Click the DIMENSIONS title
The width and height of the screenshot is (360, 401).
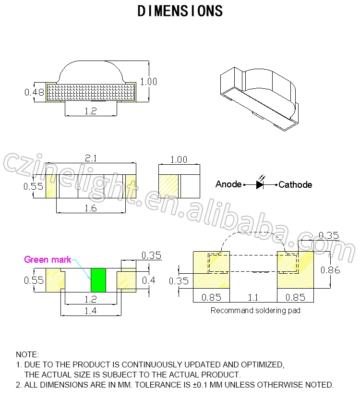[x=180, y=12]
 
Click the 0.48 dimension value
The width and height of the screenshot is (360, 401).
[x=34, y=92]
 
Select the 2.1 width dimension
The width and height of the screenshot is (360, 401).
[x=91, y=158]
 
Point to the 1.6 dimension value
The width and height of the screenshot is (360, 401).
[x=90, y=208]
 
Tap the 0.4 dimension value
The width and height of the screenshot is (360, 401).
[x=149, y=280]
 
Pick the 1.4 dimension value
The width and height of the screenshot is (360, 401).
[x=90, y=311]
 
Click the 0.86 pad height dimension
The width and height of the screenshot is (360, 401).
[x=330, y=270]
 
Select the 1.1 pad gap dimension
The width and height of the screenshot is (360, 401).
[x=252, y=297]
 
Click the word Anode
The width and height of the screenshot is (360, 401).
[x=228, y=184]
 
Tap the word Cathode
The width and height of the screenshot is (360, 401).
[x=295, y=184]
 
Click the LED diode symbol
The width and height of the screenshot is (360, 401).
[x=261, y=184]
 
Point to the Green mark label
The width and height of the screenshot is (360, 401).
[x=48, y=260]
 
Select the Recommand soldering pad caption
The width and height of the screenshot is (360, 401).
[x=255, y=311]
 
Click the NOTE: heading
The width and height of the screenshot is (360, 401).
[x=27, y=354]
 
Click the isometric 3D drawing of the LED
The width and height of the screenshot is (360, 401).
[x=259, y=96]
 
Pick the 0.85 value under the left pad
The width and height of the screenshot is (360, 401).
[x=211, y=297]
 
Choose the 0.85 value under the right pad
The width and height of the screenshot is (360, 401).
[x=295, y=297]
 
